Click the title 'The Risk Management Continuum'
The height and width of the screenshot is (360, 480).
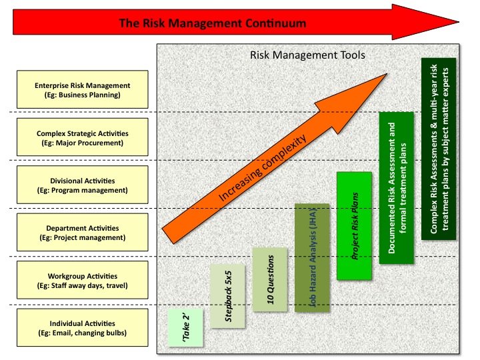212,23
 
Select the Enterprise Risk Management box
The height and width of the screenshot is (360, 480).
83,90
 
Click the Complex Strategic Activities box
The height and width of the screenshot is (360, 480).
83,138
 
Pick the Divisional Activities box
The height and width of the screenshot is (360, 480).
83,185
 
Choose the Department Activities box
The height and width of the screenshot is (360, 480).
83,233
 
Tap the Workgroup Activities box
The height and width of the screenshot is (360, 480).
83,281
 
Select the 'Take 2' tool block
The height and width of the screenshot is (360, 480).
185,328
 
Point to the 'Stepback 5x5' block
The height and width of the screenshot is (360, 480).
227,296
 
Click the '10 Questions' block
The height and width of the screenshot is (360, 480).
270,279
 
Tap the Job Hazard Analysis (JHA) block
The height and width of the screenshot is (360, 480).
312,257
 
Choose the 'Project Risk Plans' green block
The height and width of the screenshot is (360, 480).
354,225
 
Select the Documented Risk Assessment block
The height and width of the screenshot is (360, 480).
397,187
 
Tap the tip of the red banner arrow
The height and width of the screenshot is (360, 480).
467,21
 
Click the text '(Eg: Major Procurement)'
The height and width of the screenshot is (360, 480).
83,143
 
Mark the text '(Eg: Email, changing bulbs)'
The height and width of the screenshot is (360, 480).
83,333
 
